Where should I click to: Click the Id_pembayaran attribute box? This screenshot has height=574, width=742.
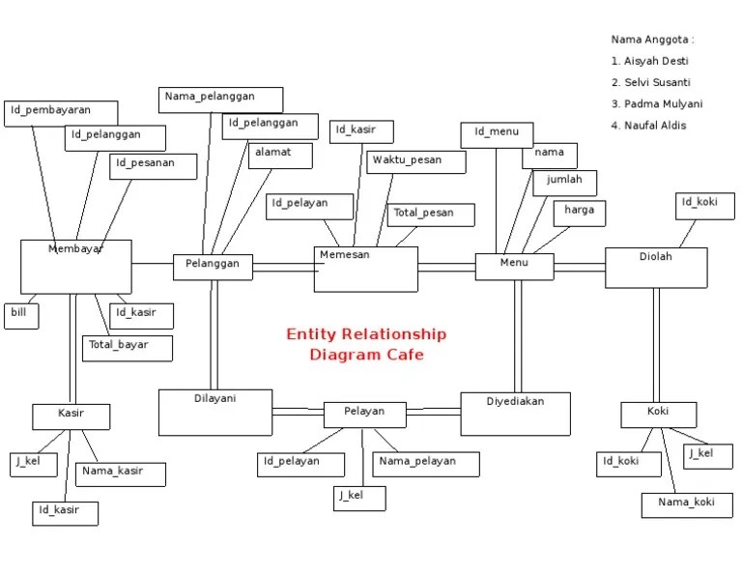pyautogui.click(x=61, y=113)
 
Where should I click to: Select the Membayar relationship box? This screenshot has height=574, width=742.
pyautogui.click(x=76, y=267)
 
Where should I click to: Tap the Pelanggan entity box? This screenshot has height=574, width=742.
pyautogui.click(x=213, y=267)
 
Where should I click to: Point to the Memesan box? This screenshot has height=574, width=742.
pyautogui.click(x=365, y=269)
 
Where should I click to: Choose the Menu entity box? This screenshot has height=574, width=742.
pyautogui.click(x=514, y=267)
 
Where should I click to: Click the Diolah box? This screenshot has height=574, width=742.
pyautogui.click(x=656, y=268)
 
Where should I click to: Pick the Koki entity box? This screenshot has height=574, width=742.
pyautogui.click(x=658, y=415)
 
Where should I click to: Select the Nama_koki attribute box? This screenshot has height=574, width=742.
pyautogui.click(x=687, y=505)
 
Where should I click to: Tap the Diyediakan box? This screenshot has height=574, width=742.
pyautogui.click(x=515, y=414)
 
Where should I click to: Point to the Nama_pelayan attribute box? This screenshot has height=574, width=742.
pyautogui.click(x=426, y=465)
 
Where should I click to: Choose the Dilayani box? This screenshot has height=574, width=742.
pyautogui.click(x=215, y=413)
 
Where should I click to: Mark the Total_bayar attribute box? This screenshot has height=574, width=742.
pyautogui.click(x=127, y=348)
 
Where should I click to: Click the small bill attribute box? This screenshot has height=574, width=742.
pyautogui.click(x=21, y=316)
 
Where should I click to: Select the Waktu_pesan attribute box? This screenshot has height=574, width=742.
pyautogui.click(x=415, y=162)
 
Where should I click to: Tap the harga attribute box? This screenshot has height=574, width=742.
pyautogui.click(x=580, y=214)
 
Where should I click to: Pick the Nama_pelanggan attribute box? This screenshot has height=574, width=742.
pyautogui.click(x=220, y=100)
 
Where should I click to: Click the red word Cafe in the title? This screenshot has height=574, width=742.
pyautogui.click(x=405, y=355)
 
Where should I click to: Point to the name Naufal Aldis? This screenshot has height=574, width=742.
pyautogui.click(x=655, y=126)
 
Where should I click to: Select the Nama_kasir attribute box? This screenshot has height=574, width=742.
pyautogui.click(x=121, y=474)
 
